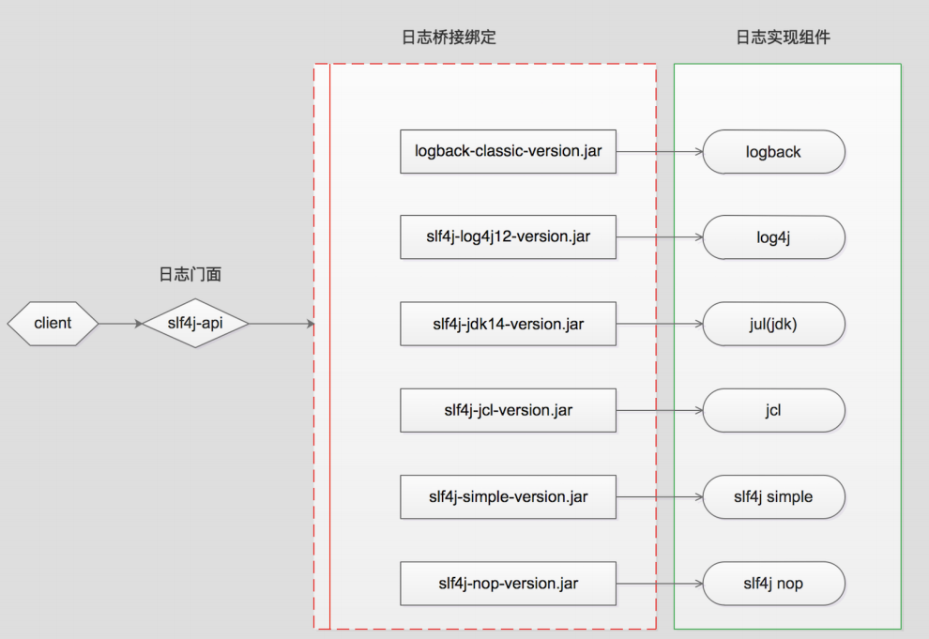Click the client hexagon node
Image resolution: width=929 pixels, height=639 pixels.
(53, 324)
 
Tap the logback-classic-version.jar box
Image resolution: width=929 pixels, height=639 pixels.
(508, 151)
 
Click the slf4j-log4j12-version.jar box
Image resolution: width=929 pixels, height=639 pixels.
(508, 237)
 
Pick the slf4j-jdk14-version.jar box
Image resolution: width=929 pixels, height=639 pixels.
(508, 325)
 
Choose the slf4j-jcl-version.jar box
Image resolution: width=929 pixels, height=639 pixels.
(508, 410)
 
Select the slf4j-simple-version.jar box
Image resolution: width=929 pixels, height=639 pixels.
(508, 496)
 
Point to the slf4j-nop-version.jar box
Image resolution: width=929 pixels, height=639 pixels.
(508, 584)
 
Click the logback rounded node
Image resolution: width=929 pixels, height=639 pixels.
(773, 152)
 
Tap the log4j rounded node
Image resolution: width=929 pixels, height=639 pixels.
(773, 238)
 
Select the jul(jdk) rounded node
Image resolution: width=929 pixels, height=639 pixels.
(773, 325)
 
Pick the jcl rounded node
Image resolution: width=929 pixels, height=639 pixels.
(773, 411)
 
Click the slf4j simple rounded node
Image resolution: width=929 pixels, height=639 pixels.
(773, 497)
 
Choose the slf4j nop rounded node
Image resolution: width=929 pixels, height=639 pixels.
(773, 584)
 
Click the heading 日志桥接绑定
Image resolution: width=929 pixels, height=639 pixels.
(449, 38)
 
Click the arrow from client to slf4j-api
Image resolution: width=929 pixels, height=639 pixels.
(120, 324)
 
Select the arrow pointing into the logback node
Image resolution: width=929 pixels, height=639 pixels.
(659, 151)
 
